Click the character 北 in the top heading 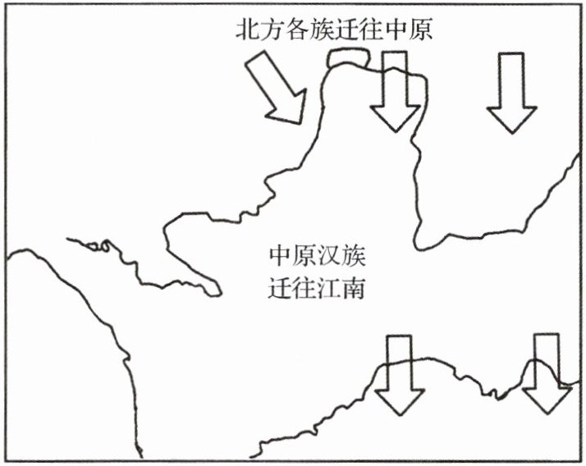point(247,30)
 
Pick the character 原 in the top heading point(420,30)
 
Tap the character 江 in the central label point(329,288)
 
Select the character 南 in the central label point(354,288)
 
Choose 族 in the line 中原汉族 point(354,256)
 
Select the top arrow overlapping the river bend point(396,92)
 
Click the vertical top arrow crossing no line point(511,94)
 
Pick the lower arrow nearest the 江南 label point(399,375)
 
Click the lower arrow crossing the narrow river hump point(547,373)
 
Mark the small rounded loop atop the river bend point(349,58)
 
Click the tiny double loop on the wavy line point(99,245)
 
